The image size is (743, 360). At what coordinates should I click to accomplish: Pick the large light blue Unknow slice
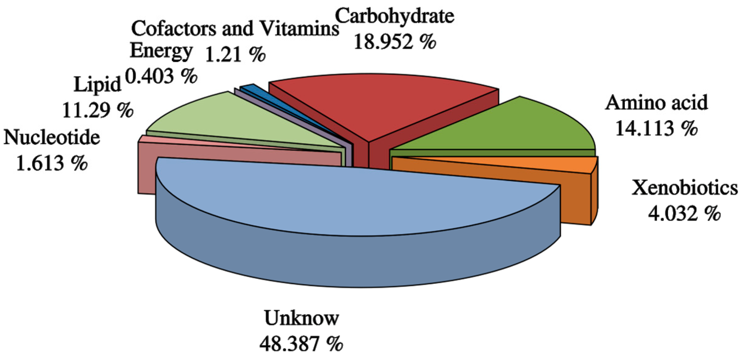(348, 197)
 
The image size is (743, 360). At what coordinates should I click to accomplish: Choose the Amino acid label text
(656, 103)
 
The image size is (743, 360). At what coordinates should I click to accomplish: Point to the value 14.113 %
(656, 128)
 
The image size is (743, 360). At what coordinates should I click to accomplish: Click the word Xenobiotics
(684, 188)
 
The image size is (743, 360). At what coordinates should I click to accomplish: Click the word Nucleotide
(52, 138)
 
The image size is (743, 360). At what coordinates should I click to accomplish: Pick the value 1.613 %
(52, 163)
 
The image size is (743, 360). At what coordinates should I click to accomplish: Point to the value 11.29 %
(97, 110)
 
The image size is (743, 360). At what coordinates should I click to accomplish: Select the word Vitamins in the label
(299, 29)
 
